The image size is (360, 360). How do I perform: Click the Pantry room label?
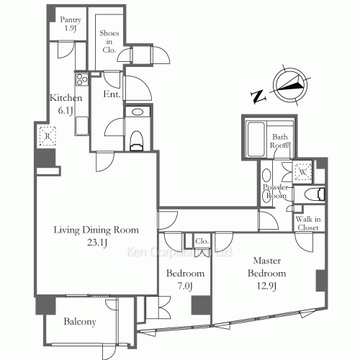[x=71, y=24]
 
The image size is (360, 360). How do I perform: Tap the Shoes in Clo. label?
[x=109, y=41]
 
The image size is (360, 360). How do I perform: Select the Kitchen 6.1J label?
[x=66, y=104]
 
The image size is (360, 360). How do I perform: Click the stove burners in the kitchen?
[x=82, y=79]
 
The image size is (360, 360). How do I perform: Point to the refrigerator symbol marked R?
[x=48, y=136]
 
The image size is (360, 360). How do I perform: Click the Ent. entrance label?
[x=112, y=94]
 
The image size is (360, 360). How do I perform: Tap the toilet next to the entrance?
[x=137, y=141]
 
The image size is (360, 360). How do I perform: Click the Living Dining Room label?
[x=96, y=230]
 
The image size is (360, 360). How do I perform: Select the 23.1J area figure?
[x=97, y=243]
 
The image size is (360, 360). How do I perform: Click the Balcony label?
[x=80, y=322]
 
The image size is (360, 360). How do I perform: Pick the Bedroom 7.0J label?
[x=185, y=279]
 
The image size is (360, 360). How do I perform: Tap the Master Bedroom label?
[x=267, y=266]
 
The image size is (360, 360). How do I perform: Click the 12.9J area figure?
[x=266, y=286]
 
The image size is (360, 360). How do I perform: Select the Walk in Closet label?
[x=308, y=223]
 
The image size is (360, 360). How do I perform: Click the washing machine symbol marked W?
[x=303, y=171]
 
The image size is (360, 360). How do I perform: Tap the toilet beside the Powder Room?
[x=315, y=194]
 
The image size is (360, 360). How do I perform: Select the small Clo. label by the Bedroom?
[x=202, y=241]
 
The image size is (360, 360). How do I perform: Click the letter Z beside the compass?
[x=258, y=96]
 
